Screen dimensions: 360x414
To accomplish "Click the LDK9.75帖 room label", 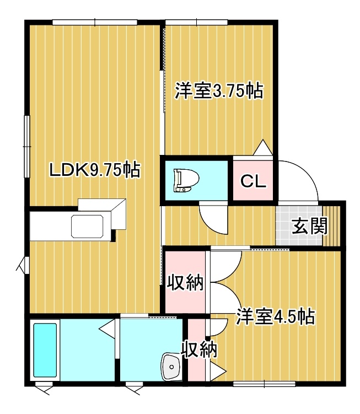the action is point(95,170).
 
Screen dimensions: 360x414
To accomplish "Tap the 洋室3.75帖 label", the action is point(219,91).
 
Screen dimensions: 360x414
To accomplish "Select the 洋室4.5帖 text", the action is point(276,316).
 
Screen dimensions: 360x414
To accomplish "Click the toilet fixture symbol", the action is point(186,181).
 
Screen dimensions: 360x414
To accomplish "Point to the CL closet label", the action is point(252,181).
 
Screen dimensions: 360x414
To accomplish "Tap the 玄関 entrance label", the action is point(309,226).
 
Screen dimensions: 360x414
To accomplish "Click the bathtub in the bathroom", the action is point(45,350).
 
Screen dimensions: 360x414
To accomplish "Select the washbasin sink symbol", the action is point(171,367).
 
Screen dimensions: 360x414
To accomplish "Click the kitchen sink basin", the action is point(87,226).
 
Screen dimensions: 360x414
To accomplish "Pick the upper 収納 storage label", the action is point(186,282).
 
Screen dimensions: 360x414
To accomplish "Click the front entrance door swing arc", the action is point(307,172).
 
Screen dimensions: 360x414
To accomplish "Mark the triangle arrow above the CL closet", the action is point(263,147).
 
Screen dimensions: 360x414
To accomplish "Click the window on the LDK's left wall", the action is point(26,146).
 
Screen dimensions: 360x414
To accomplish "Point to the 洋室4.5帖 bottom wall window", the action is point(264,383).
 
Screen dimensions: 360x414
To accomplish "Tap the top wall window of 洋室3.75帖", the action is point(196,23).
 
